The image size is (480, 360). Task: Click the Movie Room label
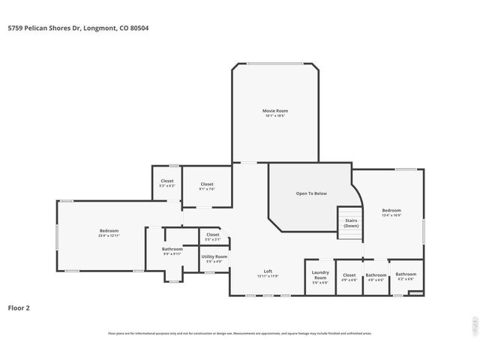coord(275,111)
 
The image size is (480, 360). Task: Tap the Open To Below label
coord(311,193)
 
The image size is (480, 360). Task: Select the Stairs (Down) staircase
coord(350,223)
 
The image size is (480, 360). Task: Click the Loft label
coord(268,271)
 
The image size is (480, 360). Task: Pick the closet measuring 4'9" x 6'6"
coord(349,277)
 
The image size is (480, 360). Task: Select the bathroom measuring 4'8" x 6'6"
coord(376,277)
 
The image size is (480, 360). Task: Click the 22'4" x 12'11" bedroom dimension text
coord(109,235)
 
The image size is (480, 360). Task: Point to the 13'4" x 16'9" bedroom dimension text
coord(391,215)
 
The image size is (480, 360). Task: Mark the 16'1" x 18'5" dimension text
coord(275,115)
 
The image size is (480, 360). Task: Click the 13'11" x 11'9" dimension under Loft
coord(268,276)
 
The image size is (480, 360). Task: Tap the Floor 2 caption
coord(19,307)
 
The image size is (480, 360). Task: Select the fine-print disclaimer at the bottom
coord(240,334)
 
